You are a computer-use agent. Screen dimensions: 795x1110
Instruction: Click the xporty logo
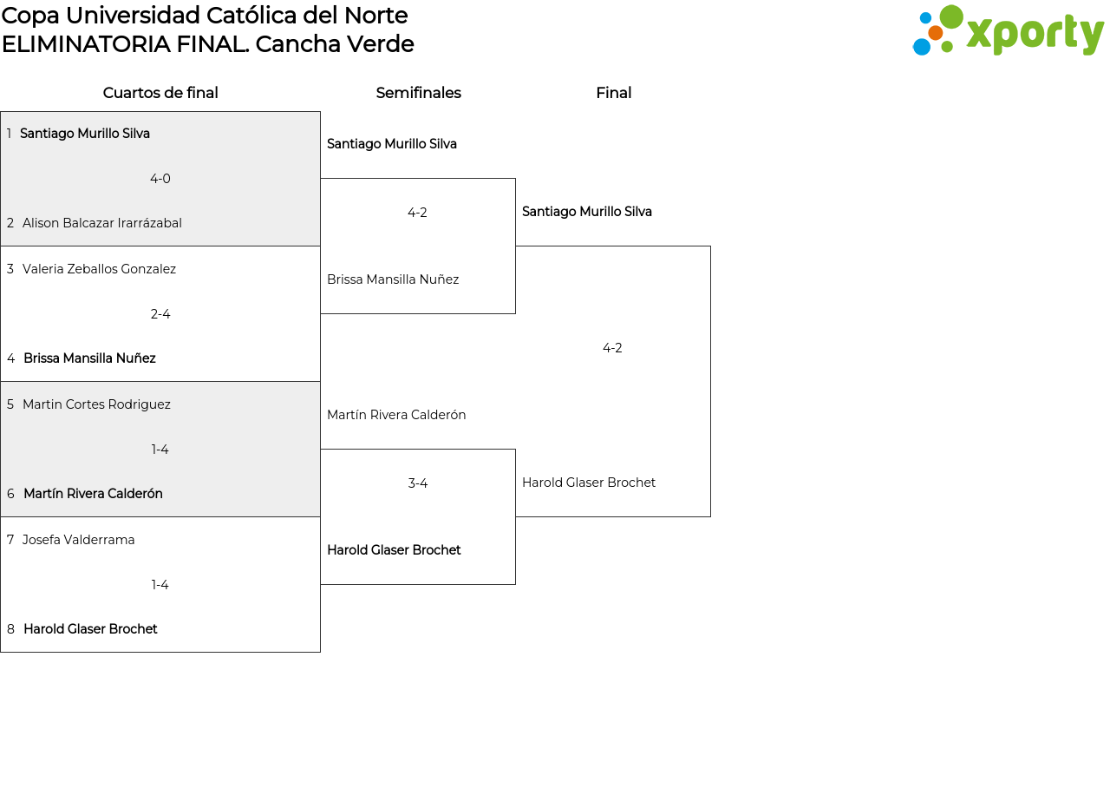click(x=1008, y=31)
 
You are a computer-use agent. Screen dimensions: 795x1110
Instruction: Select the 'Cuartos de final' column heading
click(x=160, y=93)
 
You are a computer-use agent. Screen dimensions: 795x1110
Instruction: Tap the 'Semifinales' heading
click(x=418, y=93)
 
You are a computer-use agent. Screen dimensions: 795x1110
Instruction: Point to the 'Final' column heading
click(x=613, y=93)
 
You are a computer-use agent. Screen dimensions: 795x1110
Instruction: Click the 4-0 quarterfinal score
click(x=160, y=179)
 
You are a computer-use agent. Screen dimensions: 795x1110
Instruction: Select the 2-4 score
click(x=160, y=314)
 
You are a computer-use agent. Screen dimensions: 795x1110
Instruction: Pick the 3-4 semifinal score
click(x=418, y=483)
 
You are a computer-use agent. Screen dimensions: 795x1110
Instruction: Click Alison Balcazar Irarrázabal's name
click(x=102, y=223)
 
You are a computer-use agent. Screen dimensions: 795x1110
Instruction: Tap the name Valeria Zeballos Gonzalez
click(x=99, y=269)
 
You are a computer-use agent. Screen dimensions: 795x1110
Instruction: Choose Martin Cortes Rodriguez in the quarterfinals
click(x=96, y=404)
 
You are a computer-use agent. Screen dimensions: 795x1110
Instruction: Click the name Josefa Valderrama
click(x=79, y=540)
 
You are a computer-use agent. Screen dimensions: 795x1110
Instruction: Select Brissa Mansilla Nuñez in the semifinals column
click(x=393, y=279)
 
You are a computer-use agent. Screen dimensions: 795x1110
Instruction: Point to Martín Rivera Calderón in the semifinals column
click(x=396, y=415)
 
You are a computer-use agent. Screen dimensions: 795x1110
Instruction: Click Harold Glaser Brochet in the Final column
click(x=589, y=483)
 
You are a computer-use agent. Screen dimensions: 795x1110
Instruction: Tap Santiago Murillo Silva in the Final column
click(x=587, y=212)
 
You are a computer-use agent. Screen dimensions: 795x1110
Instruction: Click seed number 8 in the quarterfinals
click(x=10, y=629)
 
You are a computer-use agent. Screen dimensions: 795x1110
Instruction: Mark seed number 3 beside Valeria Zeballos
click(x=10, y=269)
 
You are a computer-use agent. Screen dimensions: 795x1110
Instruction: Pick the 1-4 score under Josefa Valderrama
click(x=160, y=585)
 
